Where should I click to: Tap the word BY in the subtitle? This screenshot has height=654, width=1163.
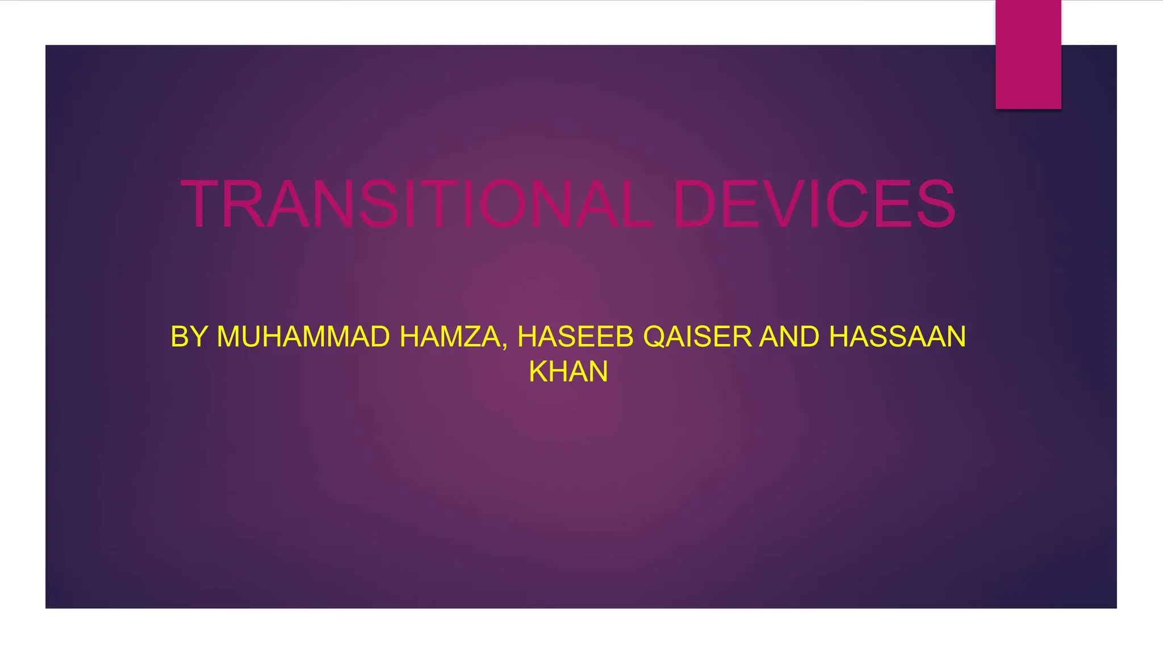189,337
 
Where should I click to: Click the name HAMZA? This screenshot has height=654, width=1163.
450,337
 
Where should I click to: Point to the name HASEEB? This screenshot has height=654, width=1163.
575,337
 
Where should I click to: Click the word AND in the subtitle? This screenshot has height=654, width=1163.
789,337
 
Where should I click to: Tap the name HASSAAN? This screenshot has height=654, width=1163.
897,337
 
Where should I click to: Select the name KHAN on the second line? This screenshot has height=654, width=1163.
568,372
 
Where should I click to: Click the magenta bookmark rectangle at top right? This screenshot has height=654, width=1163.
1028,54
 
